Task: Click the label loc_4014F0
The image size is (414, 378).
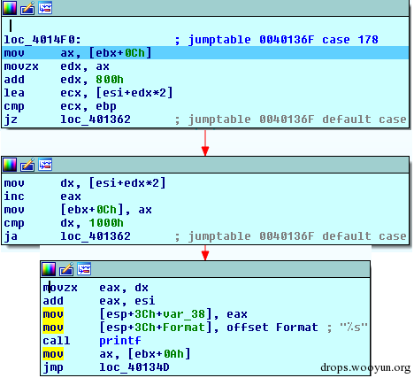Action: click(x=42, y=40)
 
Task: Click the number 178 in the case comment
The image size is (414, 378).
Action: click(x=368, y=40)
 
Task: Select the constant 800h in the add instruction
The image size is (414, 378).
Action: click(x=110, y=80)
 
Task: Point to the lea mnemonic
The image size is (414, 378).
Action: click(x=14, y=93)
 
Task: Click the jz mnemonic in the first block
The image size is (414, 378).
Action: click(x=11, y=120)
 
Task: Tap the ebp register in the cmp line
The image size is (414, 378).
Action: click(x=106, y=106)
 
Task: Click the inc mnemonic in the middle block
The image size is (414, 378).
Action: click(x=14, y=197)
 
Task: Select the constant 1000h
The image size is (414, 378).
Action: click(x=106, y=223)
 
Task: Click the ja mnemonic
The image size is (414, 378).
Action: click(x=11, y=236)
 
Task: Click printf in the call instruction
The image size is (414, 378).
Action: click(x=120, y=341)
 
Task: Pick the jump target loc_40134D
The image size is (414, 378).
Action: click(x=134, y=367)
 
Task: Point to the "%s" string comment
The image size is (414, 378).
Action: click(x=354, y=328)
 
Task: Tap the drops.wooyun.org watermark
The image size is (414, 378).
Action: click(x=365, y=367)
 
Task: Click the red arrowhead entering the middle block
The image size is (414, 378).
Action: click(x=205, y=150)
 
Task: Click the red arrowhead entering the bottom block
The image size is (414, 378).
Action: click(x=205, y=256)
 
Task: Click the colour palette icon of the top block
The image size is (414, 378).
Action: click(x=10, y=8)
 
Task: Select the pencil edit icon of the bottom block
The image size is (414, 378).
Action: click(x=66, y=269)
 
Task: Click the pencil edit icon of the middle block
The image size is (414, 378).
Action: click(x=27, y=165)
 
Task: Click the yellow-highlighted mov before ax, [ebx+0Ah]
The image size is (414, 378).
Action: click(x=53, y=354)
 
